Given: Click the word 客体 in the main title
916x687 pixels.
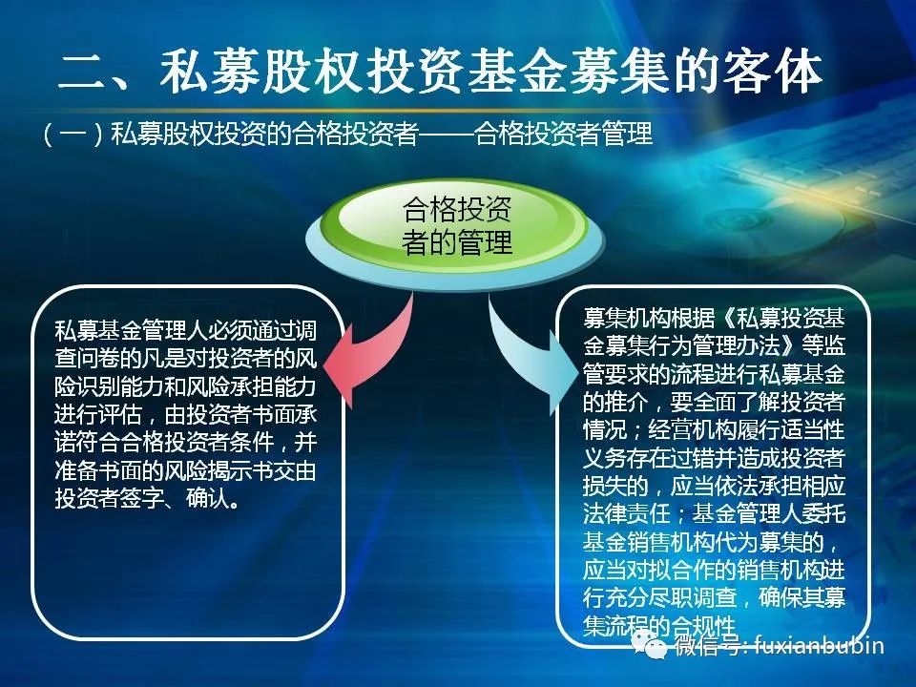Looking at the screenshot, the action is tap(773, 72).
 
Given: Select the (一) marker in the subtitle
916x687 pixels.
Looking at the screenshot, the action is tap(73, 135).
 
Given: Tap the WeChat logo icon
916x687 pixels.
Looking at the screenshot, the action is tap(650, 644).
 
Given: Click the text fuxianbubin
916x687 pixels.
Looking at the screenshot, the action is tap(819, 645).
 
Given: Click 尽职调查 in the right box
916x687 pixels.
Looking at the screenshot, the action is tap(693, 598).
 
